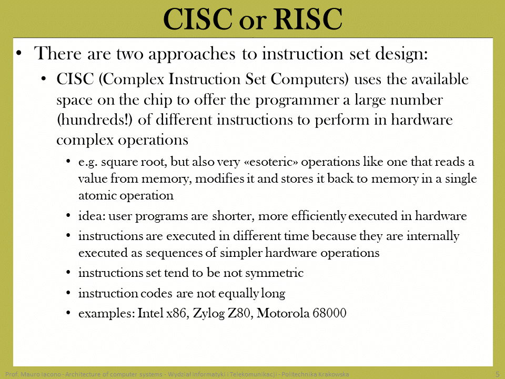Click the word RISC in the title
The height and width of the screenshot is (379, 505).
(308, 19)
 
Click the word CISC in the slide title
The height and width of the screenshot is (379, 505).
(198, 19)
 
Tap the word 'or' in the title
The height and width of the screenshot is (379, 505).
(253, 22)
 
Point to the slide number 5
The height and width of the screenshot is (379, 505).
(498, 374)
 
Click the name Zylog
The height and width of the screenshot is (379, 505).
(209, 314)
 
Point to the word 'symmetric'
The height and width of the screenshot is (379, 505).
(275, 273)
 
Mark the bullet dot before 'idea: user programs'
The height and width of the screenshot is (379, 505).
(68, 216)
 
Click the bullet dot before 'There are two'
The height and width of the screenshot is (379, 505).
(19, 54)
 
